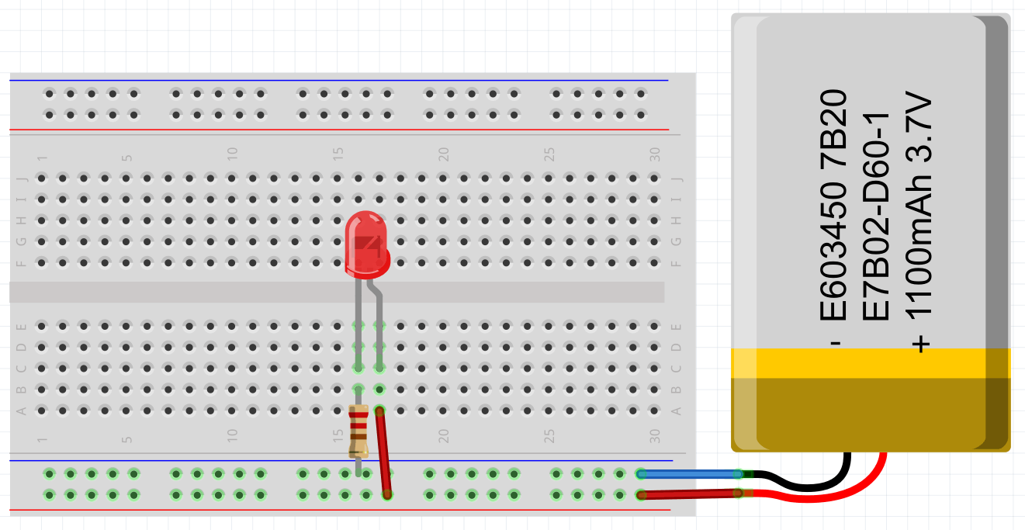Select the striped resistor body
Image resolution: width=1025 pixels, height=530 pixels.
point(358,431)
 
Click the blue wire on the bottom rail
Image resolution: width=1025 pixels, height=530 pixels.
point(687,473)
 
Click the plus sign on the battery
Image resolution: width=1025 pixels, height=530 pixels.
point(920,342)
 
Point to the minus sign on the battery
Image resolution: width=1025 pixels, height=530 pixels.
point(836,342)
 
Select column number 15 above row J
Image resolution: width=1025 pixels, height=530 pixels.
point(338,154)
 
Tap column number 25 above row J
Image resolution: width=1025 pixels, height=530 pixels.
point(549,154)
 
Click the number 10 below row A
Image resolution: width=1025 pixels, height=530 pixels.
point(231,436)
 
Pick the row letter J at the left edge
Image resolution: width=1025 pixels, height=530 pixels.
point(22,178)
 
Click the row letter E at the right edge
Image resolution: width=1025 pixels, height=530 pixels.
point(677,326)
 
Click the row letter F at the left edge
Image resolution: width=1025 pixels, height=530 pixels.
point(22,262)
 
